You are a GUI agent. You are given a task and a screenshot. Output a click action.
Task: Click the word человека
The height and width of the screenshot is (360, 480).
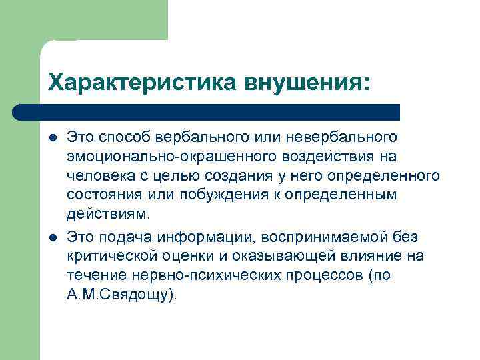(97, 176)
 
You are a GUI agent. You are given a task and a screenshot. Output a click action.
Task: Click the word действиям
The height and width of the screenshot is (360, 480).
(109, 215)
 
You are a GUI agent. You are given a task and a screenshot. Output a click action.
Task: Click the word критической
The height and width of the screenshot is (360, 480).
(111, 257)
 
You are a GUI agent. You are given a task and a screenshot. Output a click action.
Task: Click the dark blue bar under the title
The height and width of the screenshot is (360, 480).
(207, 112)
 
